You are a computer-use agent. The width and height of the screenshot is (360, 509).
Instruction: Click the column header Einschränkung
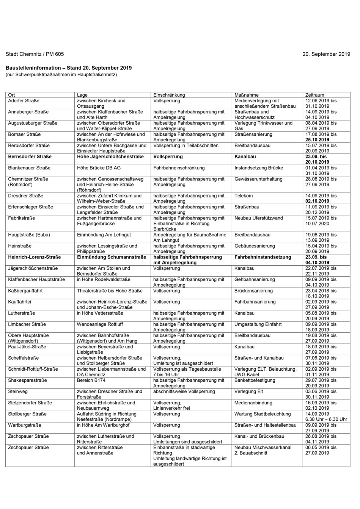tap(169, 95)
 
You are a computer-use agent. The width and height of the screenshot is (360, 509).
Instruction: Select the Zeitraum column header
tap(314, 95)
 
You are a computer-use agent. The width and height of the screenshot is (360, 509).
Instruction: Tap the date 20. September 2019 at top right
tap(326, 54)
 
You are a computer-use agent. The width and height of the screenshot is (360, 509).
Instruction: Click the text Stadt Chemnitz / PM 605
tap(35, 54)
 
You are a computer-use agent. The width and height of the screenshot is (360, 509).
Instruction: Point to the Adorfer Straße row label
tap(24, 101)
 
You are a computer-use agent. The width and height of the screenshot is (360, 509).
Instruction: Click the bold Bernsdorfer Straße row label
tap(30, 157)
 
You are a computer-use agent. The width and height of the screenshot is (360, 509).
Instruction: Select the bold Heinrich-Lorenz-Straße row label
tap(34, 257)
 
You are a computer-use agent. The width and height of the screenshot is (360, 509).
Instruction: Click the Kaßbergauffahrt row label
tap(26, 291)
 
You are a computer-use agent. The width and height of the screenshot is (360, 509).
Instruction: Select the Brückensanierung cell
tap(253, 291)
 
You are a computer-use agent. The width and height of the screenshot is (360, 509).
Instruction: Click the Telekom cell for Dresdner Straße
tap(244, 196)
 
